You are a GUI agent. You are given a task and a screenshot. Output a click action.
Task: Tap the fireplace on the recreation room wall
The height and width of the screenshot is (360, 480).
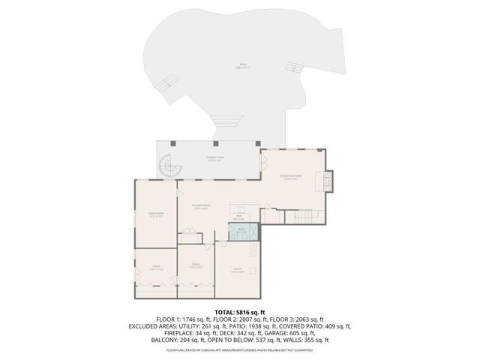[x=328, y=181]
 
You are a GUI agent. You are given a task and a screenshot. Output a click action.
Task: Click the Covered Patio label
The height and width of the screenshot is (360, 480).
[x=214, y=158]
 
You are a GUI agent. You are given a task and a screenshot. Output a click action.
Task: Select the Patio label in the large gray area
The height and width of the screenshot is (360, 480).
[x=242, y=65]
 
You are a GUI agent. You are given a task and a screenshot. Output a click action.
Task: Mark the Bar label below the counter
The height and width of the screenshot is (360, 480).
[x=238, y=218]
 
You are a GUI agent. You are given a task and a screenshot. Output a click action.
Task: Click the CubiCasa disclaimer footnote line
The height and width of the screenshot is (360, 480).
[x=240, y=350]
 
